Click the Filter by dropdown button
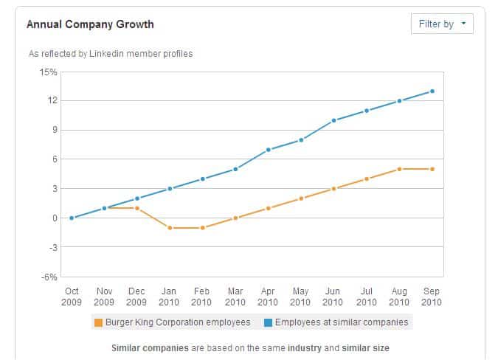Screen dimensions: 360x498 coord(441,24)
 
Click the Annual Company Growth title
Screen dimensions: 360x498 coord(90,24)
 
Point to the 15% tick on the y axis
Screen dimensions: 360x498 coord(49,72)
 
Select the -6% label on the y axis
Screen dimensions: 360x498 coord(49,277)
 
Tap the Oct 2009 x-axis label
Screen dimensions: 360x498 coord(72,297)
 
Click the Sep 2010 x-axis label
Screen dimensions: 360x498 coord(432,297)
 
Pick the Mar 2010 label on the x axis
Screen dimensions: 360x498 coord(235,297)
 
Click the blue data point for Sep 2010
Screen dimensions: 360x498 coord(432,91)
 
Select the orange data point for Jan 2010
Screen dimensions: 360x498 coord(170,228)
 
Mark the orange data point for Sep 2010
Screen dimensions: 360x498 coord(432,169)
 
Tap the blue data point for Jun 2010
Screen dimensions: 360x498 coord(333,120)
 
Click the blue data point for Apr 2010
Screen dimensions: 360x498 coord(268,150)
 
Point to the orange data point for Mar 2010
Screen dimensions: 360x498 coord(235,218)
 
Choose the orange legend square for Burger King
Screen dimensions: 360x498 coord(98,322)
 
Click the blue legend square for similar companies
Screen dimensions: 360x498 coord(269,322)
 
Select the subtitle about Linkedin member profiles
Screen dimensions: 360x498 coord(111,54)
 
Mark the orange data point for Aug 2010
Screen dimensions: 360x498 coord(399,169)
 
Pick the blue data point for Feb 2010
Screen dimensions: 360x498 coord(202,179)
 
